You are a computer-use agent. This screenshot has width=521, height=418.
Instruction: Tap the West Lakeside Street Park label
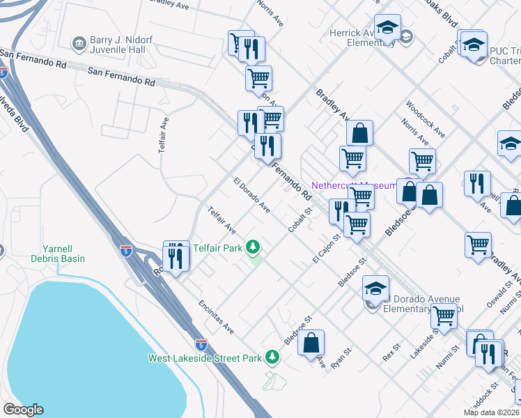pos(205,358)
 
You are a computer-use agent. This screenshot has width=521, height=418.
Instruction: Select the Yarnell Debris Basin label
pos(63,253)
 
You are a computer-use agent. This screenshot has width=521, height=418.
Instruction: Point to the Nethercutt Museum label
pos(353,185)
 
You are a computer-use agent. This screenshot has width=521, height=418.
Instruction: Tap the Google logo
pos(22,410)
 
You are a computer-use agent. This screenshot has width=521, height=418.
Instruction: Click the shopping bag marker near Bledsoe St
pos(312,343)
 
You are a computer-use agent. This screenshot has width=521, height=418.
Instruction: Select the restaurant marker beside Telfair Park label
pos(177,259)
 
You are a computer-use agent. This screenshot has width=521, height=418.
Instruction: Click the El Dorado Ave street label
pos(252,197)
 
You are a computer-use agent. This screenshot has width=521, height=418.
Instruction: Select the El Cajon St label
pos(325,248)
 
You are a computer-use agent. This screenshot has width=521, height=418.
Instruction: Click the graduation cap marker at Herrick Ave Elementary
pos(387,28)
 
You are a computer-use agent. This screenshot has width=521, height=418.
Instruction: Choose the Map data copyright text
pos(493,412)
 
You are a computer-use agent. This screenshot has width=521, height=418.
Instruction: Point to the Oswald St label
pos(495,293)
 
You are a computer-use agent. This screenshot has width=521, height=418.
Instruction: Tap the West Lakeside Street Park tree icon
pos(272,357)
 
